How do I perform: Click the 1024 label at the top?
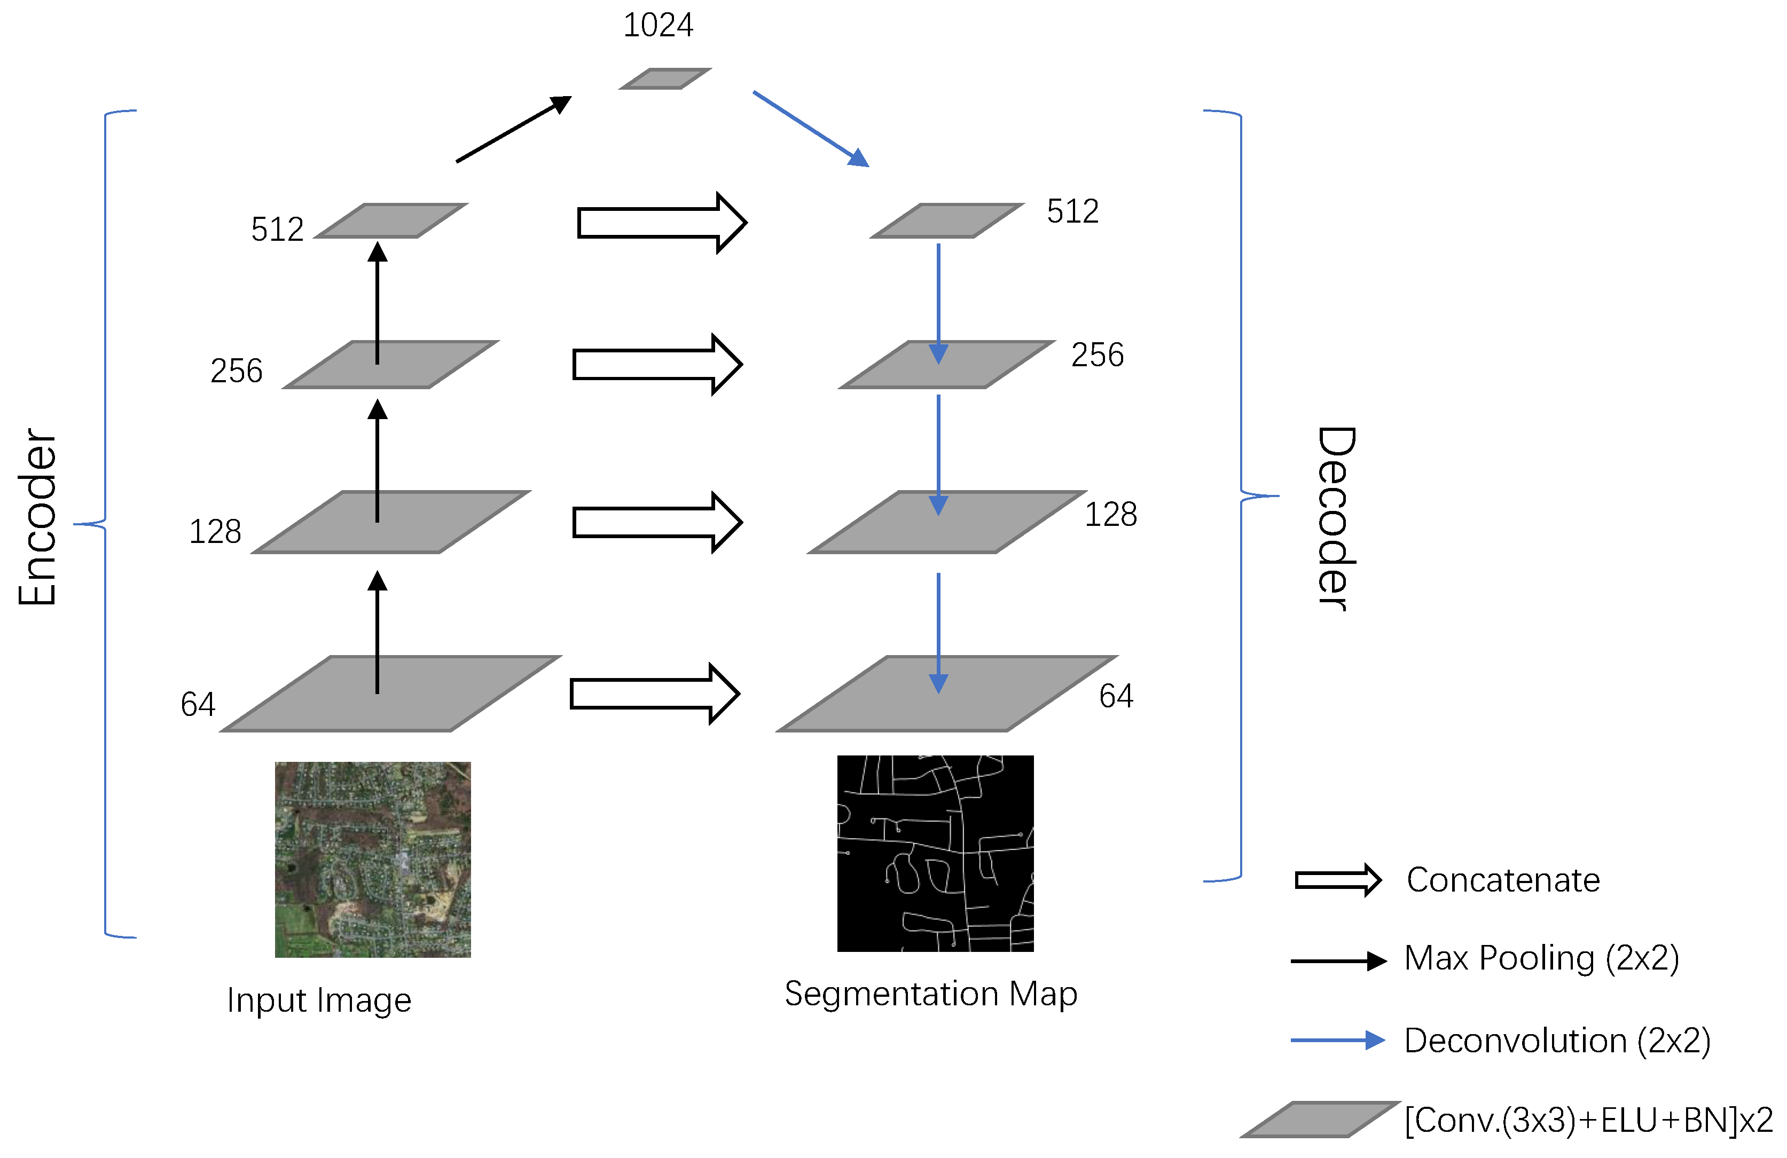(x=658, y=26)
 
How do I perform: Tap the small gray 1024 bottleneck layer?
(x=664, y=79)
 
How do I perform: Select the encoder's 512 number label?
(x=277, y=230)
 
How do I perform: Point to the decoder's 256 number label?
(x=1097, y=355)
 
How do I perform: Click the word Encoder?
(x=37, y=517)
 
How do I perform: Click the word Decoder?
(x=1336, y=518)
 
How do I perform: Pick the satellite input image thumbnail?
(x=372, y=860)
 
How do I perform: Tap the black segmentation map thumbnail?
(x=935, y=853)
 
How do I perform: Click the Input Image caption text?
(x=319, y=1001)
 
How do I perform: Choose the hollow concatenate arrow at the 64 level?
(x=655, y=694)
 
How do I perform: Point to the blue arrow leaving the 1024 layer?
(x=810, y=128)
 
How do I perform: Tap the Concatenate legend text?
(x=1502, y=879)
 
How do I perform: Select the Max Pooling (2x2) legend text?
(x=1541, y=958)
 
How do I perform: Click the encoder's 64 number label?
(x=198, y=705)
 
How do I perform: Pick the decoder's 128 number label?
(x=1110, y=515)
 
